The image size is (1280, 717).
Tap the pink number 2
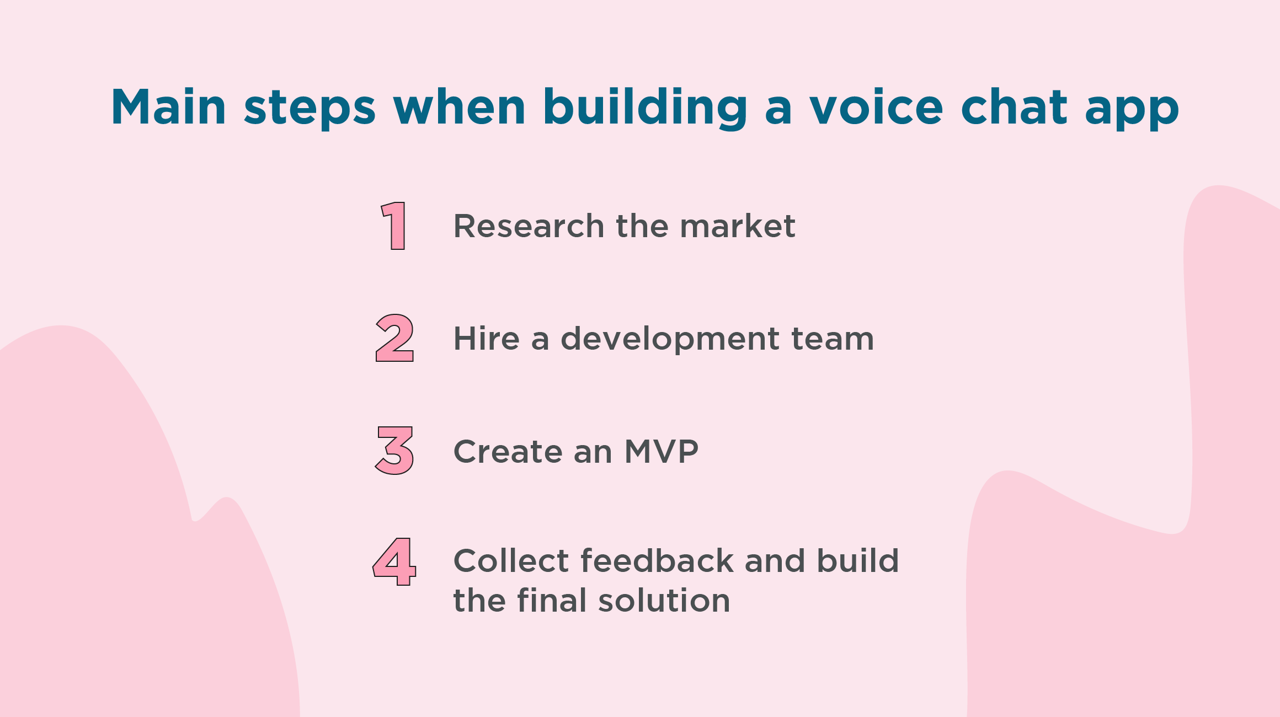(x=394, y=338)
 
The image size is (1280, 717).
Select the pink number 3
(x=394, y=451)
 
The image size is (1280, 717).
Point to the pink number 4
(x=394, y=561)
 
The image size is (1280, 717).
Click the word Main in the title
(x=168, y=107)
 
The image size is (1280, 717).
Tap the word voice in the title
(x=877, y=107)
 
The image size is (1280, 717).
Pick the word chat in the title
(x=1014, y=107)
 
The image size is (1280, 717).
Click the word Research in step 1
(x=529, y=226)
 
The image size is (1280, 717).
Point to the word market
(x=738, y=226)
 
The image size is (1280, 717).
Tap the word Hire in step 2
(x=486, y=338)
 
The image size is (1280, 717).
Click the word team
(x=833, y=338)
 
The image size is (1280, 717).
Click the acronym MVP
(x=662, y=452)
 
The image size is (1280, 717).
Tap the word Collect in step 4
(x=511, y=561)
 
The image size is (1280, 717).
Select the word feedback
(x=657, y=561)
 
